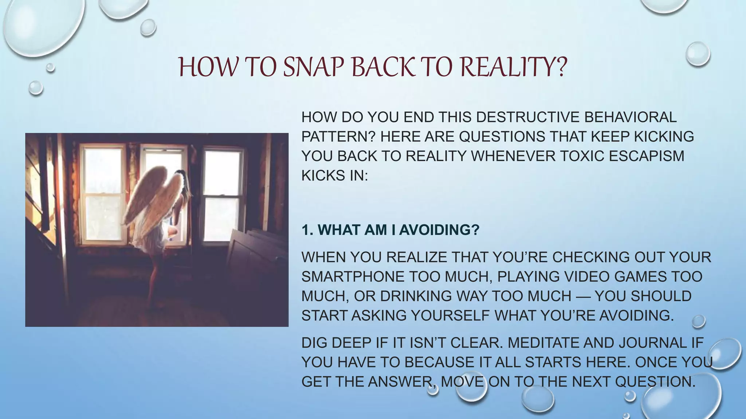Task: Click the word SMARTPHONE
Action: tap(353, 277)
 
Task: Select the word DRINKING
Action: tap(416, 296)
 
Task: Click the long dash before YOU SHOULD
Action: tap(583, 296)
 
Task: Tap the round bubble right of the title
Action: tap(698, 54)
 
